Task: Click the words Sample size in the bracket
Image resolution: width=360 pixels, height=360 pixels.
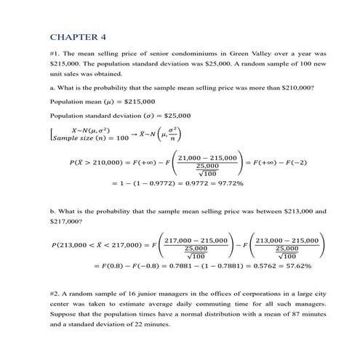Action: tap(73, 137)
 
